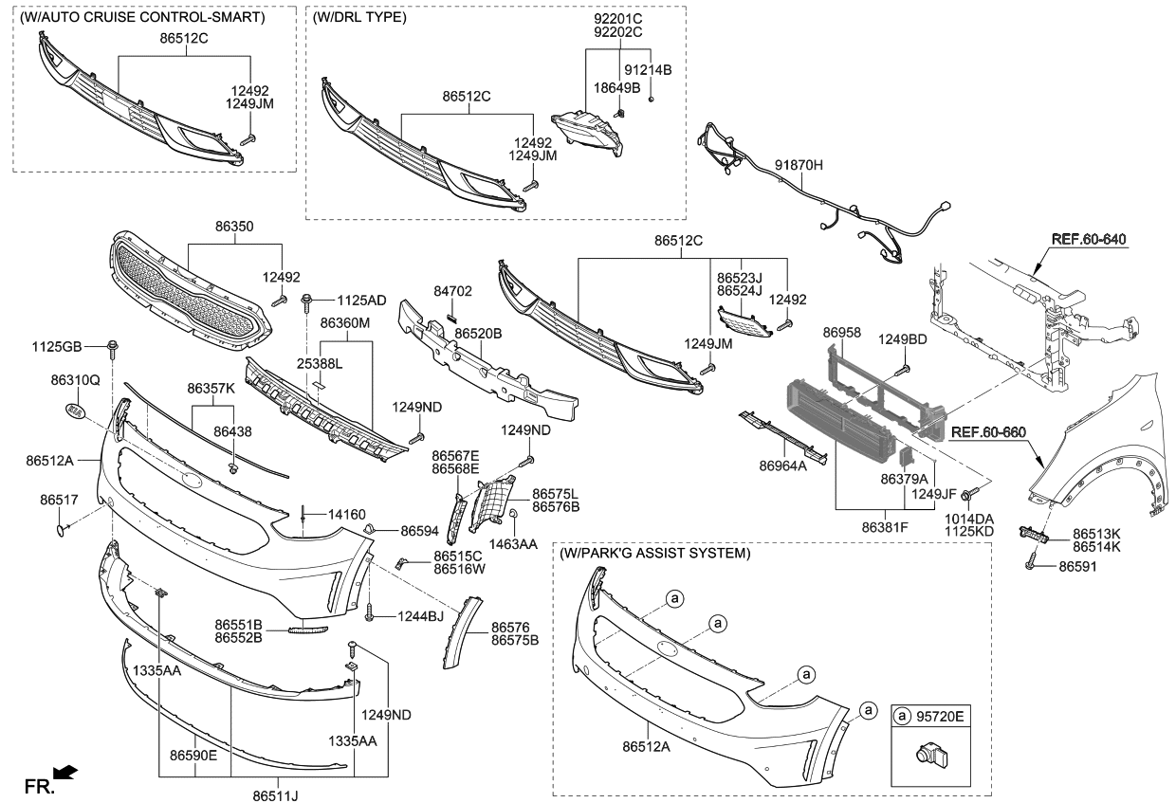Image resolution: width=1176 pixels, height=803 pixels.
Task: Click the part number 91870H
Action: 799,165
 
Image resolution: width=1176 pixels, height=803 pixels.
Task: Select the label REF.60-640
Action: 1088,239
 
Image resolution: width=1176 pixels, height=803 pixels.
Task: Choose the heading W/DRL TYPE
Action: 359,18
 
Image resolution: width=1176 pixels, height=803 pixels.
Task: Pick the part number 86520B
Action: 478,334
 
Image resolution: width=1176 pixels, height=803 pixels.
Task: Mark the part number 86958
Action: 841,333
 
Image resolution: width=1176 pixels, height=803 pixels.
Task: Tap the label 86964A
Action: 782,465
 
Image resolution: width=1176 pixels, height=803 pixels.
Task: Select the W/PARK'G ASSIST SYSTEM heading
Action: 654,553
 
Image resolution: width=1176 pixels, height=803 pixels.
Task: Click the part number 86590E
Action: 193,756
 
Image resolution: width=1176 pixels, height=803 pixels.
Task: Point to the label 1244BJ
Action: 419,616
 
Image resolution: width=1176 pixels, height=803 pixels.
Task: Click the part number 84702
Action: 452,291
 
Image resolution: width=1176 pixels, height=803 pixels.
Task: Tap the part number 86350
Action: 233,228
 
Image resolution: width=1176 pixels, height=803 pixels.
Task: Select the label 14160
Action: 347,515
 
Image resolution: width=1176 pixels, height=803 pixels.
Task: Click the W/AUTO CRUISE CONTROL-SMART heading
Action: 142,17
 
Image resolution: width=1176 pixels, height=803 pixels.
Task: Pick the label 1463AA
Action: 514,544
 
